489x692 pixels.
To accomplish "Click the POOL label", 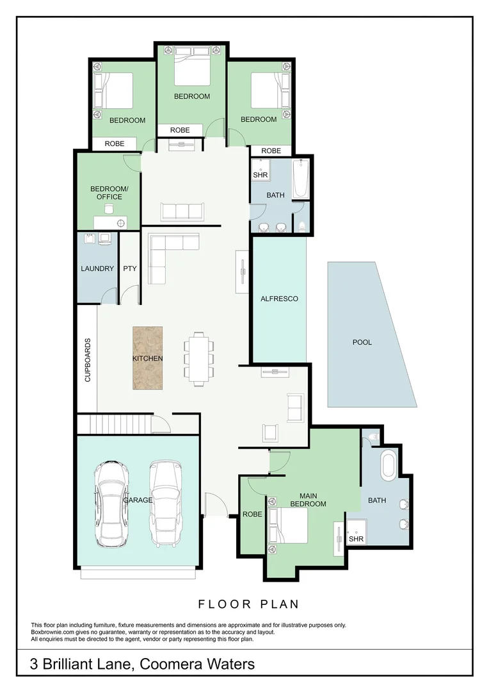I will click(362, 342).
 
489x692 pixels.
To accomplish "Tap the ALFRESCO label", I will click(279, 299).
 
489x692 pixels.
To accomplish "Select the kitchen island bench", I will click(148, 358).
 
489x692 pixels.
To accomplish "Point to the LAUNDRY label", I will click(97, 268).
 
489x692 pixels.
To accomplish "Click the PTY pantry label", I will click(130, 268).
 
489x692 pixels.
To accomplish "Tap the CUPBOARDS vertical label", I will click(88, 360).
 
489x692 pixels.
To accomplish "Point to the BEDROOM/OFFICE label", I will click(109, 192).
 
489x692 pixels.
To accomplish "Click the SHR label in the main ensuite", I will click(356, 539).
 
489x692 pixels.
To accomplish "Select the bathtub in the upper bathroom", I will click(301, 179).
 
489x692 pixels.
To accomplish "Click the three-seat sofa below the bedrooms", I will click(182, 211).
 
